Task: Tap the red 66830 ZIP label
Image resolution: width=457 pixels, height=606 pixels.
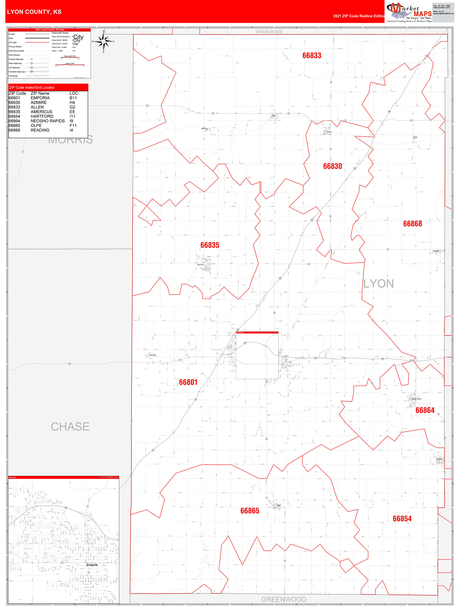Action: click(332, 166)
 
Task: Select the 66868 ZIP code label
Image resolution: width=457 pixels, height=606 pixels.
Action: click(412, 224)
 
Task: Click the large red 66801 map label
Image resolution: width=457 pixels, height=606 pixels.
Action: click(188, 382)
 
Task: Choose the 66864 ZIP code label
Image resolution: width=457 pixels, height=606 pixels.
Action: click(425, 410)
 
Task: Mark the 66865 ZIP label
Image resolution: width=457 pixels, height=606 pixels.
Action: click(250, 511)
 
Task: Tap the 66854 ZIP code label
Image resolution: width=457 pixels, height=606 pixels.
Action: click(402, 519)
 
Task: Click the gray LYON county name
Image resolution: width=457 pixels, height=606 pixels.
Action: click(378, 284)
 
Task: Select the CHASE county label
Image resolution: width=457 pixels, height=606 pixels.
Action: click(70, 427)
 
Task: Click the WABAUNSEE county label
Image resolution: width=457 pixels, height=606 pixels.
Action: click(269, 32)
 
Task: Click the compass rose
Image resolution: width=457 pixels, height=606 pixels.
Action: click(103, 41)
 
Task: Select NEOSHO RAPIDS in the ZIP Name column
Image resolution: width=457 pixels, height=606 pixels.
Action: click(48, 121)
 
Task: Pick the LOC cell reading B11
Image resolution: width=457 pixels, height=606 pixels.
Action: click(73, 98)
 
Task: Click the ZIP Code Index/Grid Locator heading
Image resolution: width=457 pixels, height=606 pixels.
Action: click(32, 87)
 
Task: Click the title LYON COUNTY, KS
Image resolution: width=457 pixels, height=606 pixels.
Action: click(34, 12)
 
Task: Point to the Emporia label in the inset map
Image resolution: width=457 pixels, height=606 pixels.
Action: click(92, 565)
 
